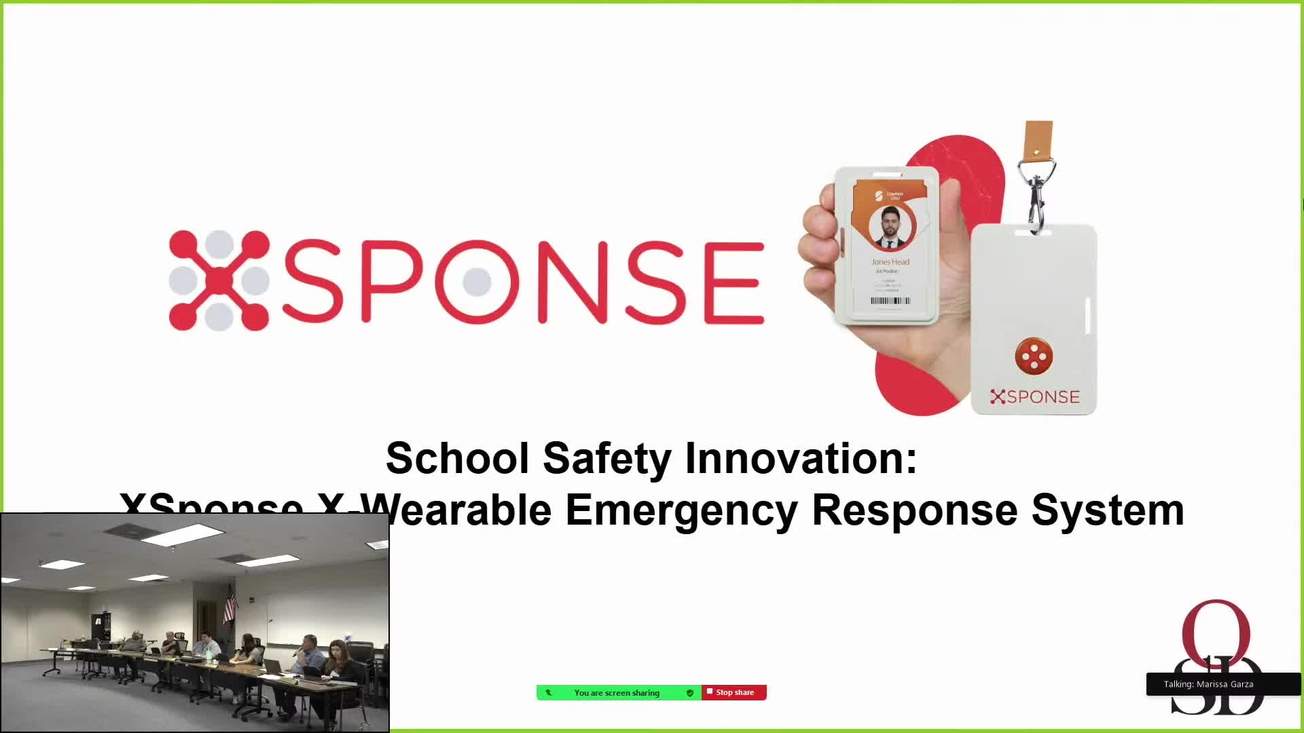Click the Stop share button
click(x=734, y=692)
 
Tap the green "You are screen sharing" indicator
click(x=617, y=692)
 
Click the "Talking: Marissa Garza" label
click(x=1208, y=684)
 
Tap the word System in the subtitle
click(x=1107, y=510)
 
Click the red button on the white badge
click(x=1034, y=356)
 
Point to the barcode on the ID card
click(x=890, y=301)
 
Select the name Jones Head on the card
click(x=890, y=262)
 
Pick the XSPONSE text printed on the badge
click(x=1035, y=397)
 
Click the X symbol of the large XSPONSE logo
click(x=219, y=280)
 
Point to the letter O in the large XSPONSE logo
click(x=476, y=281)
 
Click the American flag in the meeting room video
click(x=230, y=603)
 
